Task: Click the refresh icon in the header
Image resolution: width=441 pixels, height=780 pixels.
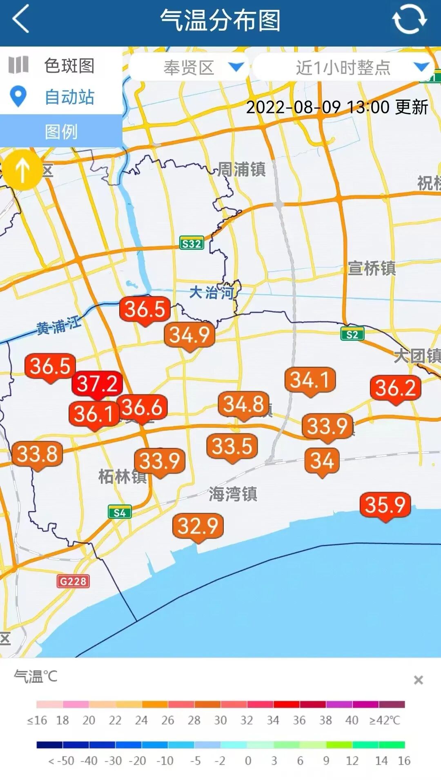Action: (409, 19)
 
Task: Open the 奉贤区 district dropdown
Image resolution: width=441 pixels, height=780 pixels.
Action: (189, 67)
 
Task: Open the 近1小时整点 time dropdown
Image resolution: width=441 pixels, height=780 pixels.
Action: (343, 67)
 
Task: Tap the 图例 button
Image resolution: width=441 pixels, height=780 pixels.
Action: (61, 131)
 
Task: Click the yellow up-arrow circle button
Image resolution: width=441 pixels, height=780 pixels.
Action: (23, 170)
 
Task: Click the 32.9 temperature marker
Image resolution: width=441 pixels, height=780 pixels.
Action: (198, 526)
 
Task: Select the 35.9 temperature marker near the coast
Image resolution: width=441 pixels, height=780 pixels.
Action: (385, 505)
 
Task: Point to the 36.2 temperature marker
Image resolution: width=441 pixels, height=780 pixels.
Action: (395, 388)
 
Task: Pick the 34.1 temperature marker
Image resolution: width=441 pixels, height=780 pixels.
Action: (310, 380)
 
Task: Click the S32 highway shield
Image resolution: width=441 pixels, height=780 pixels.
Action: (192, 244)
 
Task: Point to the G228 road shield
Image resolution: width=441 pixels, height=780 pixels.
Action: (73, 581)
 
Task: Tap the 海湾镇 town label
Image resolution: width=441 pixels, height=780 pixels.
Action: (233, 494)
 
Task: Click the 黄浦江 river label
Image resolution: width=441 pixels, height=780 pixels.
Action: (59, 326)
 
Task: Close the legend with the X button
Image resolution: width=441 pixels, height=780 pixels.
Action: (418, 680)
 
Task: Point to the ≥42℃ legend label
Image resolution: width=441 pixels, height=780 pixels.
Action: (385, 720)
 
